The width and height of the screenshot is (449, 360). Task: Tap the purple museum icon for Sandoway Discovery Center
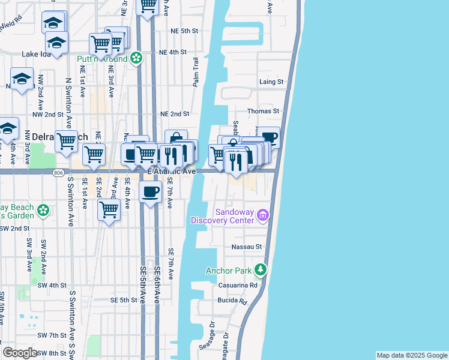[262, 215]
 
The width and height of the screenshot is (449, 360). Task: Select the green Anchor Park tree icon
[260, 270]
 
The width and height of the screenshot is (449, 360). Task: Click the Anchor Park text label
[228, 271]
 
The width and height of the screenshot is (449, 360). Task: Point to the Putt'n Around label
[101, 59]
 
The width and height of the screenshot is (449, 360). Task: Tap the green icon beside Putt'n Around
[136, 58]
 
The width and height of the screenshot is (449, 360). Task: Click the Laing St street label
[271, 82]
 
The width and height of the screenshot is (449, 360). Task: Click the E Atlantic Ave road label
[172, 172]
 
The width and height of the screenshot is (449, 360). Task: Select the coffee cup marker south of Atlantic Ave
[150, 192]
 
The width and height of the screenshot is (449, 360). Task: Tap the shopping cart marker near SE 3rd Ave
[109, 210]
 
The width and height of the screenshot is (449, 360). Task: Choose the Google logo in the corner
[20, 353]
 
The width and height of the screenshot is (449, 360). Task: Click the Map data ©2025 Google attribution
[412, 355]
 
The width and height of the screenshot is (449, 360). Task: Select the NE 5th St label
[184, 31]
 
